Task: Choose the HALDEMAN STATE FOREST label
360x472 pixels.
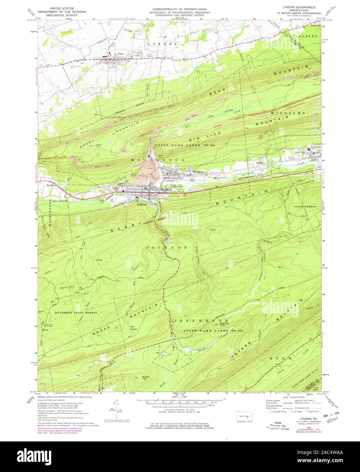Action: click(x=75, y=312)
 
